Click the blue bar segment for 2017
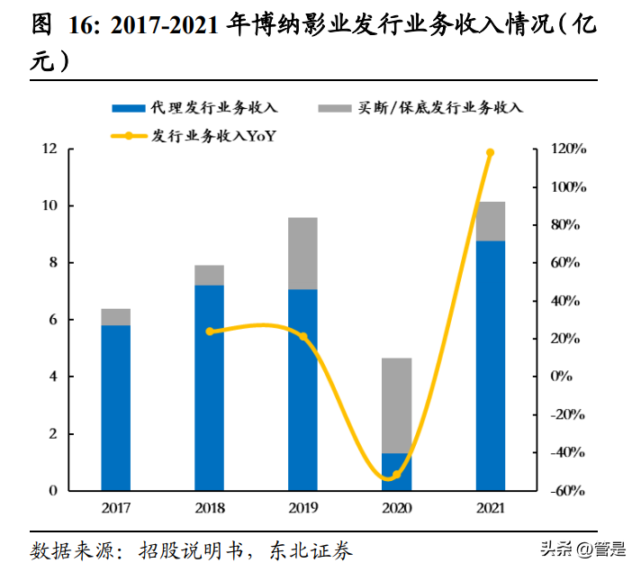coord(115,407)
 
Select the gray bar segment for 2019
coord(302,253)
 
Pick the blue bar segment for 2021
coord(490,366)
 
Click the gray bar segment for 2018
coord(209,275)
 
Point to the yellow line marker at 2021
coord(491,153)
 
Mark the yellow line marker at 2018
coord(210,331)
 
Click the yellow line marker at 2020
coord(396,475)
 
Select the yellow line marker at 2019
coord(303,337)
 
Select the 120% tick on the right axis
coord(569,149)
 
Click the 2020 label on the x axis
coord(396,509)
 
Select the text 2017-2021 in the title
coord(164,25)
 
